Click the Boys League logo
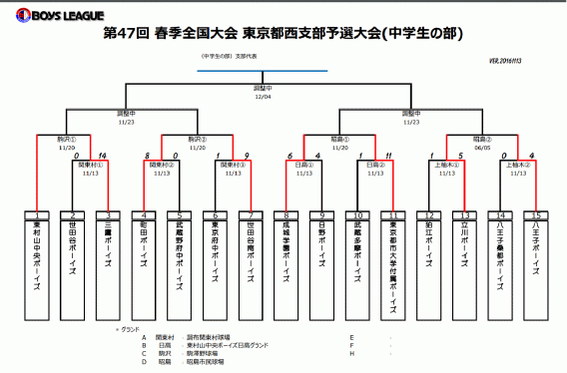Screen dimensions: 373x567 tap(44, 15)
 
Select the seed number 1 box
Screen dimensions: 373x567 tap(37, 215)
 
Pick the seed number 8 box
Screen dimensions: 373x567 tap(285, 215)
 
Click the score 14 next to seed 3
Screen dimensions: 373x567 tap(103, 156)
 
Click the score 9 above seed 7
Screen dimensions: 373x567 tap(246, 156)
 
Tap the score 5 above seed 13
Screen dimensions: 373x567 tap(460, 156)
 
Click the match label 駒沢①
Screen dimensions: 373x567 tap(67, 139)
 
